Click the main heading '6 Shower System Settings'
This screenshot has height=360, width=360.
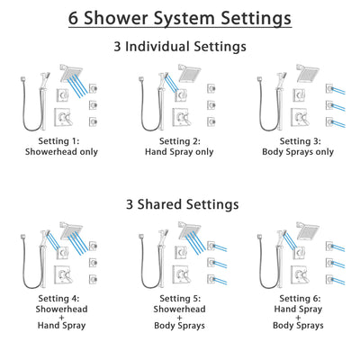[x=180, y=17]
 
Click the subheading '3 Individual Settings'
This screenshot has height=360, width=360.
[x=180, y=47]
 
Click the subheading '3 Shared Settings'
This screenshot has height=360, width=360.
[x=180, y=204]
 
